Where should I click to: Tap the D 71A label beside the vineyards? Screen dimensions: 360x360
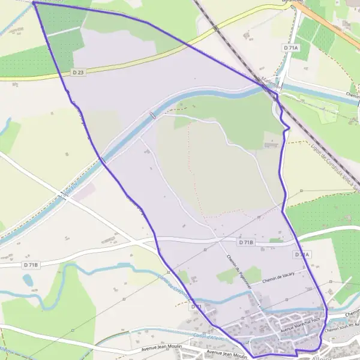tap(289, 47)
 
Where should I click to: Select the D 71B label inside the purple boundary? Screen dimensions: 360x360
tap(245, 242)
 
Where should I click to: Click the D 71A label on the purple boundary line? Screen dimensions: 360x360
tap(302, 255)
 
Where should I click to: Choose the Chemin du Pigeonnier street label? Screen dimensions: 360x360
tap(235, 269)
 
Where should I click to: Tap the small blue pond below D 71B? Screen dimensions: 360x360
tap(28, 280)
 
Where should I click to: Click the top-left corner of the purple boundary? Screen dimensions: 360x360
tap(34, 2)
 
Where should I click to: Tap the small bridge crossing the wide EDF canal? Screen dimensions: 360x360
tap(152, 115)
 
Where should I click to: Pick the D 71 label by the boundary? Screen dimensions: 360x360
tap(195, 307)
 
